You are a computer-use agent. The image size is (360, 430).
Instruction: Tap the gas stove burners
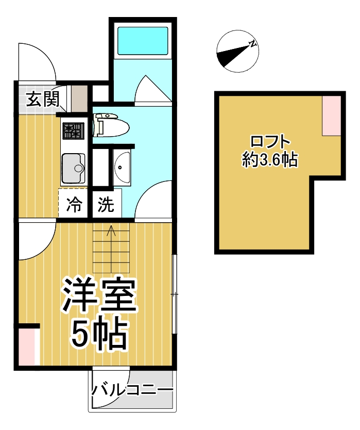(72, 130)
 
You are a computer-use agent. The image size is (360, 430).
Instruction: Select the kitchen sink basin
(74, 169)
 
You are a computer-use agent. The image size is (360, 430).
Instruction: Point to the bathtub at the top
(143, 40)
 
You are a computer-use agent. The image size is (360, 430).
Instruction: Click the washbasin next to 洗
(122, 168)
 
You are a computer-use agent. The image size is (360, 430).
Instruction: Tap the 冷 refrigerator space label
(75, 206)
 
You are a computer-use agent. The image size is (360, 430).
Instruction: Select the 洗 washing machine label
(106, 206)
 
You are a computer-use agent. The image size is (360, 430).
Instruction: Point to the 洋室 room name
(99, 295)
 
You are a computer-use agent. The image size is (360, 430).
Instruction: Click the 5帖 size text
(99, 334)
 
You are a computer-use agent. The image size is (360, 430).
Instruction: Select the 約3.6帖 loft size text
(270, 160)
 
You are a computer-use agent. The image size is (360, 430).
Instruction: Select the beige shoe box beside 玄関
(79, 98)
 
